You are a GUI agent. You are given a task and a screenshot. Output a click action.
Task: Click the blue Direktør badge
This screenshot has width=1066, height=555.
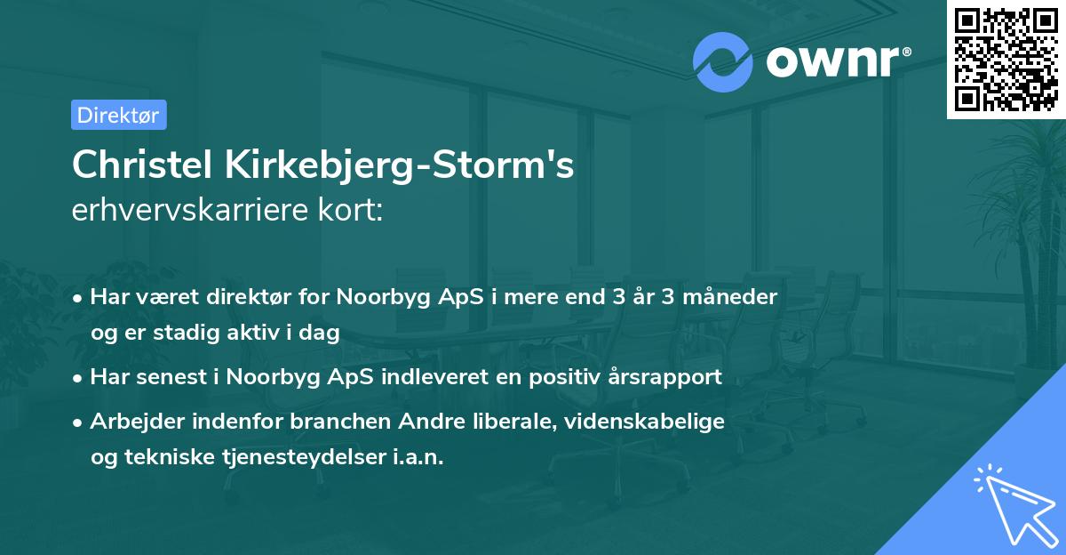click(x=118, y=115)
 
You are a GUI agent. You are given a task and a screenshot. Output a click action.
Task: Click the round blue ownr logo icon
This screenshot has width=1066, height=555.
click(x=723, y=61)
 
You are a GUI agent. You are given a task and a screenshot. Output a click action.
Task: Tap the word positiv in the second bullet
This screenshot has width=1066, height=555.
click(x=563, y=376)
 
